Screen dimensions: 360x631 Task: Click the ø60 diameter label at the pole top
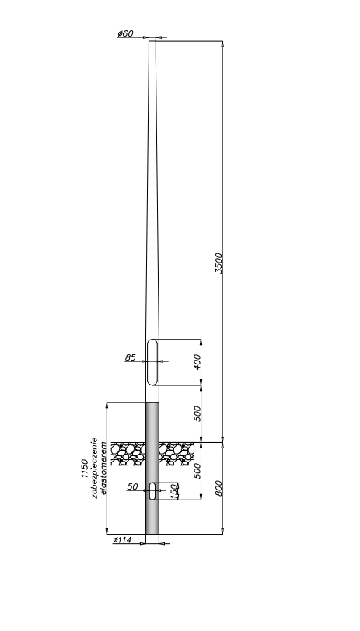tap(125, 33)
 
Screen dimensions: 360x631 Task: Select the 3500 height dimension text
tap(218, 263)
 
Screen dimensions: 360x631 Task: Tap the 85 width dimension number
tap(131, 357)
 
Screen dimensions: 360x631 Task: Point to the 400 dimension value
tap(197, 362)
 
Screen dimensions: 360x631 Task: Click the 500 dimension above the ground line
tap(197, 413)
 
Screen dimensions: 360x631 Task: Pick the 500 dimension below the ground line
tap(197, 470)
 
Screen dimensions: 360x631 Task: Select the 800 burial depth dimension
tap(218, 488)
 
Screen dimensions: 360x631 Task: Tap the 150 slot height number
tap(174, 491)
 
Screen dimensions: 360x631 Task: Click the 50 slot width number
tap(132, 486)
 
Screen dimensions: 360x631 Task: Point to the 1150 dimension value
tap(85, 468)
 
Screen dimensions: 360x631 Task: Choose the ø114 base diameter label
tap(122, 539)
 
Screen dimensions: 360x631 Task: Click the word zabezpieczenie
tap(95, 468)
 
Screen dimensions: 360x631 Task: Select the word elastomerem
tap(104, 468)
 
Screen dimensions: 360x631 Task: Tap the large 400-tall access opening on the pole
tap(152, 362)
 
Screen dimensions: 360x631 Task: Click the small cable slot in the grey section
tap(152, 491)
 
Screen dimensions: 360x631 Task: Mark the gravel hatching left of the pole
tap(128, 454)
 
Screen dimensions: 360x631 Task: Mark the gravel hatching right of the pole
tap(177, 454)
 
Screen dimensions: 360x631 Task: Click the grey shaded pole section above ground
tap(152, 422)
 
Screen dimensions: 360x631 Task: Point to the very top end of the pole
tap(152, 37)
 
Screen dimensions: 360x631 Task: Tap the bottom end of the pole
tap(152, 534)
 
